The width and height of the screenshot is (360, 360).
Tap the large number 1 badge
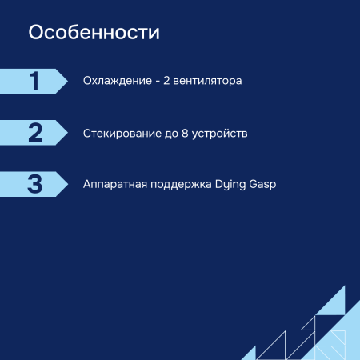point(34,81)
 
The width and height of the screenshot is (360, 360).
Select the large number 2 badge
point(34,132)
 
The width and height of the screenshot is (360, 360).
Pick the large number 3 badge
point(34,183)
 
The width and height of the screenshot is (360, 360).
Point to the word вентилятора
point(206,82)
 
